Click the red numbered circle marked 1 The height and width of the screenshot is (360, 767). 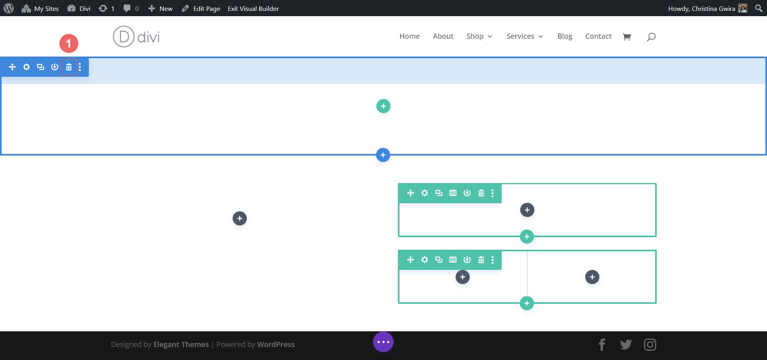(69, 43)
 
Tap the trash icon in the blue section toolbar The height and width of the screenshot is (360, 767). (69, 67)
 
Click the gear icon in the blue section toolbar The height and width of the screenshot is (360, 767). (26, 67)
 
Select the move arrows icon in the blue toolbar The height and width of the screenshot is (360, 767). (12, 67)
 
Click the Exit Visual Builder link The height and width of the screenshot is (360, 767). (253, 8)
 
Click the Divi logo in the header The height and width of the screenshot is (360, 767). (136, 37)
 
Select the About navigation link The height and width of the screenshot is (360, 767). (443, 36)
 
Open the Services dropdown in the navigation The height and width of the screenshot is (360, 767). (524, 36)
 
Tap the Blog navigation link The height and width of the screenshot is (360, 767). (565, 36)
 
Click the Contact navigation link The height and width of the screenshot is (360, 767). (598, 36)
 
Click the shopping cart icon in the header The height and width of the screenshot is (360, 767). (627, 37)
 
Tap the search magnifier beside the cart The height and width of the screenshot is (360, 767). (651, 37)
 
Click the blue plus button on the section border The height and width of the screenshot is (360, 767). (383, 155)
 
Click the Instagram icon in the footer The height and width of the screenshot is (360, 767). (650, 345)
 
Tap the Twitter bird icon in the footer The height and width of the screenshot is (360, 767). (626, 345)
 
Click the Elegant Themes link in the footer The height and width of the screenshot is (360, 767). (181, 345)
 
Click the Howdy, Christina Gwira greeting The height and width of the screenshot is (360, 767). (702, 8)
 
